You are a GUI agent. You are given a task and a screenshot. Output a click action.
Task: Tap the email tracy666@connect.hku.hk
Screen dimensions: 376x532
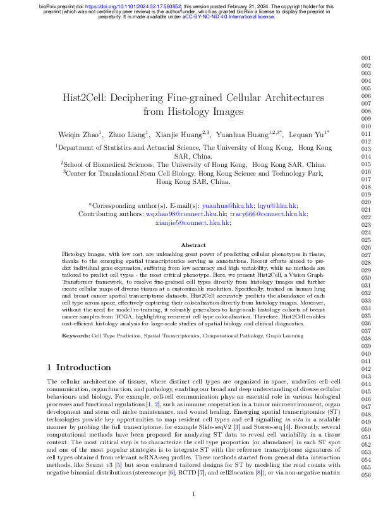[x=269, y=214]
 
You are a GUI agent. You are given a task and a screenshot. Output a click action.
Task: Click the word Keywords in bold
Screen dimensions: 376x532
[x=75, y=336]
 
